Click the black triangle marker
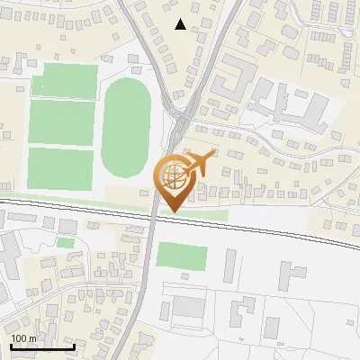181,24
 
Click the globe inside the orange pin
174,176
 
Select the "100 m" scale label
24,338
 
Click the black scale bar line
42,346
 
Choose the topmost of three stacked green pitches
65,81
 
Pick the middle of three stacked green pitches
61,122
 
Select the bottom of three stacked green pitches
60,168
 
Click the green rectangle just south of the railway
182,255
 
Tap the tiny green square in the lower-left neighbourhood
65,242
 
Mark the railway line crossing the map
270,230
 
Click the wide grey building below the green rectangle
189,307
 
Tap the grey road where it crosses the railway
155,217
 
